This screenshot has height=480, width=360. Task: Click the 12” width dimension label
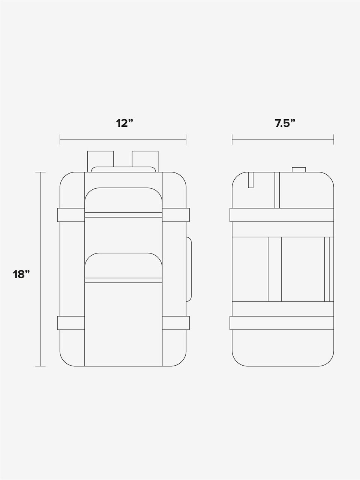124,123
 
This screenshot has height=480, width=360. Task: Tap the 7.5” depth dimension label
285,123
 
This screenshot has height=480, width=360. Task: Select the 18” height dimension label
21,274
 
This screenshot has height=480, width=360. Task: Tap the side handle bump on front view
189,269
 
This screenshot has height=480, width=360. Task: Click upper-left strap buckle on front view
71,215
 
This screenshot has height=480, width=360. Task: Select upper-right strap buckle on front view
176,215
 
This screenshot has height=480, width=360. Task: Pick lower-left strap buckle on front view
71,323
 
